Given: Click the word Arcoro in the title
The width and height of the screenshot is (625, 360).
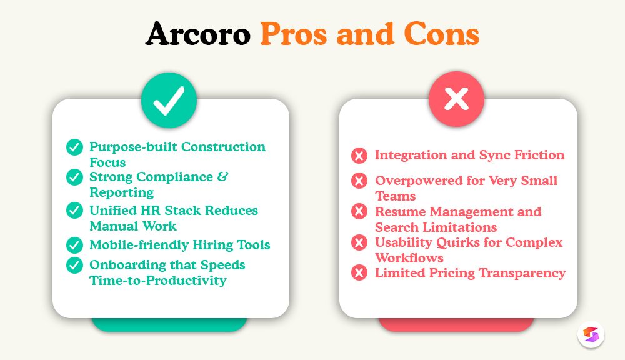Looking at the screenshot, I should pyautogui.click(x=198, y=35).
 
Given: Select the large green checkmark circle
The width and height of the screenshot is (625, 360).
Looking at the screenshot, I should pyautogui.click(x=169, y=101).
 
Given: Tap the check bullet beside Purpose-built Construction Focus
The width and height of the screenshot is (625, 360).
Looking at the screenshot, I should pyautogui.click(x=75, y=147).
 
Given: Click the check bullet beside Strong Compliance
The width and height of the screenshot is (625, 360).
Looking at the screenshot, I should pyautogui.click(x=75, y=177).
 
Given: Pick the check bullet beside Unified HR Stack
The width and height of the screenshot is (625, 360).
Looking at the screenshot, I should pyautogui.click(x=75, y=211).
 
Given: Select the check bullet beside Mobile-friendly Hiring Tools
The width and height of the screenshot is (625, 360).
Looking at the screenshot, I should pyautogui.click(x=75, y=245).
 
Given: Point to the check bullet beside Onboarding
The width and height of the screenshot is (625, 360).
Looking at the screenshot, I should pyautogui.click(x=75, y=266).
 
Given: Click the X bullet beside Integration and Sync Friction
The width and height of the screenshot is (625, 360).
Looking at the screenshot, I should pyautogui.click(x=359, y=156).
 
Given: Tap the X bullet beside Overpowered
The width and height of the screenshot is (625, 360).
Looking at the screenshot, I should pyautogui.click(x=359, y=181).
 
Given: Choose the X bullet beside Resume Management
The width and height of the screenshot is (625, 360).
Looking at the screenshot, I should pyautogui.click(x=359, y=212).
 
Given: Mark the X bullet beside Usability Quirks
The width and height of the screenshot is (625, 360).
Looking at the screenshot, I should pyautogui.click(x=359, y=242).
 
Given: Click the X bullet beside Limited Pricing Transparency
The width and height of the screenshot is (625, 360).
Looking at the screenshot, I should pyautogui.click(x=359, y=273).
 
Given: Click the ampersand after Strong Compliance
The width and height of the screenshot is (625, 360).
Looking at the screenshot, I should pyautogui.click(x=222, y=177).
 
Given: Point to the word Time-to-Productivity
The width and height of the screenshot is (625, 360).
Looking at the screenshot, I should pyautogui.click(x=158, y=281).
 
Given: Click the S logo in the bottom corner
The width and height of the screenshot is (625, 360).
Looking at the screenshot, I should pyautogui.click(x=591, y=334).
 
